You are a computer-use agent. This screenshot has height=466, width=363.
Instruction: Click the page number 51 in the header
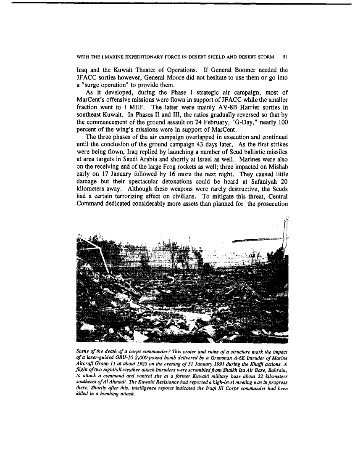285,56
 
